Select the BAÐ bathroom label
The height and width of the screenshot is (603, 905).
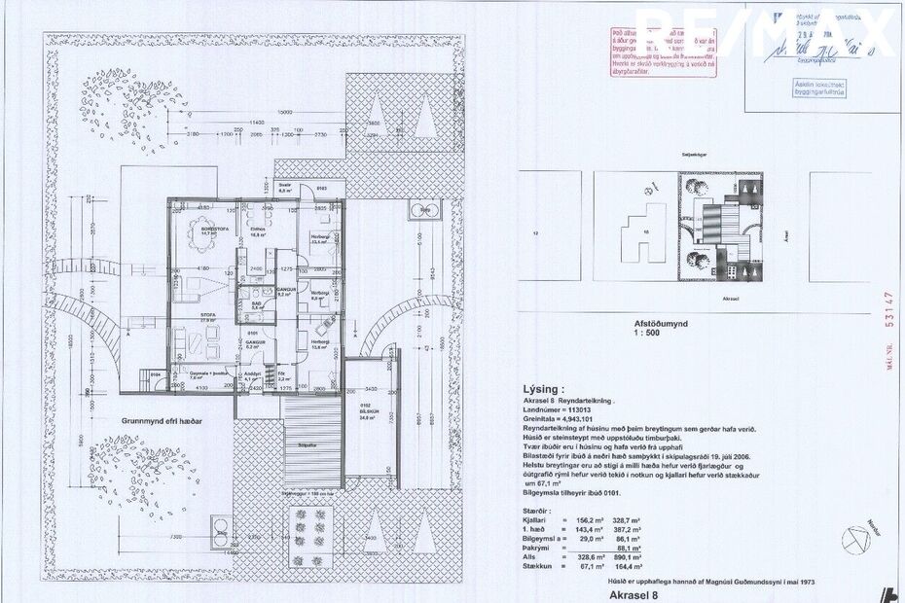coord(255,302)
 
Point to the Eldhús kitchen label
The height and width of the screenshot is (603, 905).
coord(258,230)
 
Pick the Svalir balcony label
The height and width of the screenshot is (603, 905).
coord(285,187)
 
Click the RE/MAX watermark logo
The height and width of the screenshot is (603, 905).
coord(769,34)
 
